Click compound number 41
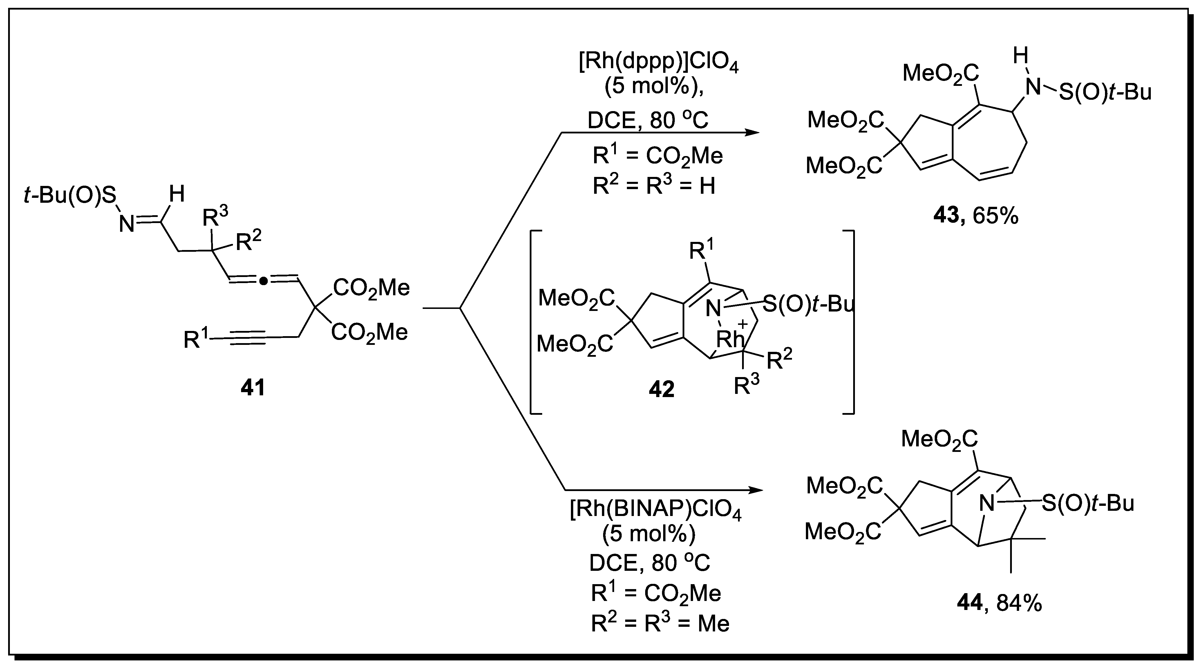point(253,388)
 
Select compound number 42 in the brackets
point(661,389)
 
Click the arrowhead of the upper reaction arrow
point(752,133)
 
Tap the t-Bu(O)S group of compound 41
point(70,196)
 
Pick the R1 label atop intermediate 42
point(702,251)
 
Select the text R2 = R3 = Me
point(660,623)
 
